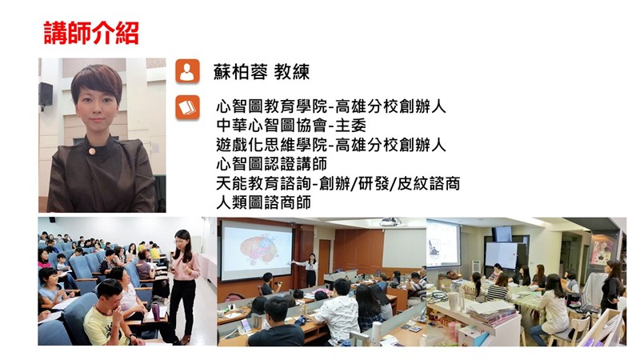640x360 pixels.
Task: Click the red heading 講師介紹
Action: [x=91, y=33]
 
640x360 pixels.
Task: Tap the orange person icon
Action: [x=187, y=71]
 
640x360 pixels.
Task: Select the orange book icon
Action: [x=187, y=107]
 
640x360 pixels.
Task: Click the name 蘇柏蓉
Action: [x=241, y=72]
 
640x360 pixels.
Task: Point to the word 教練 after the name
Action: [x=292, y=72]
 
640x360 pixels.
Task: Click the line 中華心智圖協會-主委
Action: [x=291, y=126]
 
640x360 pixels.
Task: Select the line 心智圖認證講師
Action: [x=271, y=164]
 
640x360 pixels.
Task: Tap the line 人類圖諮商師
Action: [x=263, y=202]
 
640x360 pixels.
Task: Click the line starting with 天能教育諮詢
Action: [x=338, y=184]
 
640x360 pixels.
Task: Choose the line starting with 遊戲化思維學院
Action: [x=331, y=145]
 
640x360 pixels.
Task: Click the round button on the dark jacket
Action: [x=92, y=151]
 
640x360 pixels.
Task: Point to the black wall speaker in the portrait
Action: [x=46, y=94]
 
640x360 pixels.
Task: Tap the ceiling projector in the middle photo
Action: [x=390, y=222]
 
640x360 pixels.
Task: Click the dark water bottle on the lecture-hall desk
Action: [x=155, y=311]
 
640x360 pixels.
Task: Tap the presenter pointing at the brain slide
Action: [x=310, y=270]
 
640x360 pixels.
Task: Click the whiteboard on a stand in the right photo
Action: [x=502, y=256]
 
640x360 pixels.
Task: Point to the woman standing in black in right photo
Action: [x=612, y=288]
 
